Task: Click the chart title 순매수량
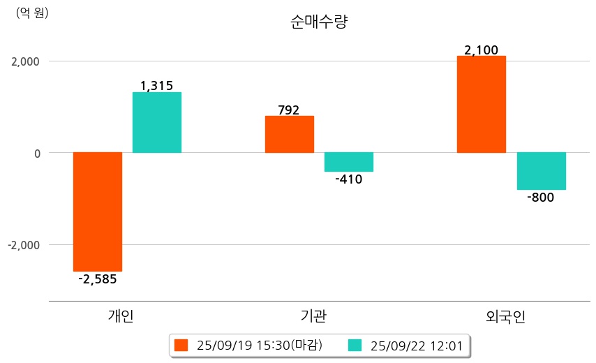319,22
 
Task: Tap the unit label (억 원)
32,13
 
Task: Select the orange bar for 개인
98,212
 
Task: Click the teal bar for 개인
157,122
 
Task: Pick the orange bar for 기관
290,134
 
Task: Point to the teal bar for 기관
349,162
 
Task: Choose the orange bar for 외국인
482,104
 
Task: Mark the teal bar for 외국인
541,171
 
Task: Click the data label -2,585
98,279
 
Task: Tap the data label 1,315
157,86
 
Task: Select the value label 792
288,110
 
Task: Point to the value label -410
349,179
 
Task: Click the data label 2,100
481,50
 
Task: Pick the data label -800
541,198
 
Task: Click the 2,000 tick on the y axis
25,61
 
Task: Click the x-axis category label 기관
311,316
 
